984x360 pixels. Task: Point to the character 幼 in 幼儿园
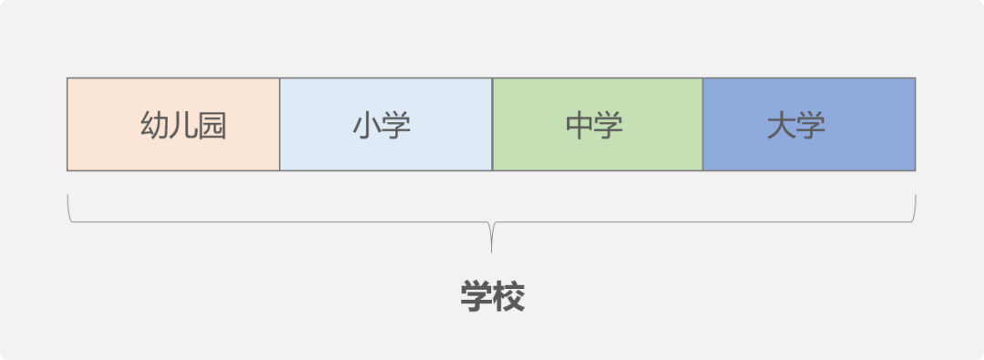point(154,126)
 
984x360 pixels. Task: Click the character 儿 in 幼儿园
point(183,126)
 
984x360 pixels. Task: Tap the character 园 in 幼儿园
point(212,126)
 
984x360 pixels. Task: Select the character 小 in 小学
point(367,126)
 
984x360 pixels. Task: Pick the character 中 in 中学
point(579,126)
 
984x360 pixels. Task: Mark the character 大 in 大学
point(781,126)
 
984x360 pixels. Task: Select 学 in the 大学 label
point(811,126)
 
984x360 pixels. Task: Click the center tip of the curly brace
point(492,248)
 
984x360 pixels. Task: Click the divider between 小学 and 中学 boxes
point(492,125)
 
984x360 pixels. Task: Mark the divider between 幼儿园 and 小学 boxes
point(280,125)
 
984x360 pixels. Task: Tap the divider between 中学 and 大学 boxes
point(703,125)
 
